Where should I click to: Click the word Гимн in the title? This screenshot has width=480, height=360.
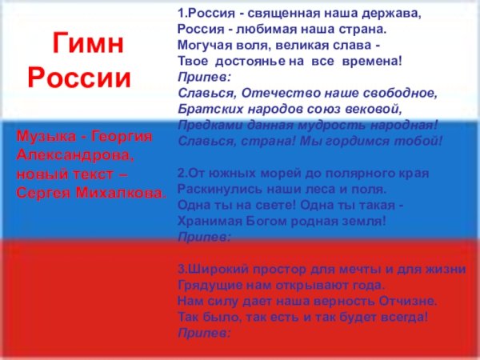88,45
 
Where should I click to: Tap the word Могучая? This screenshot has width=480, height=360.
202,46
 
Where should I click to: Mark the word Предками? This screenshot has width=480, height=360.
206,124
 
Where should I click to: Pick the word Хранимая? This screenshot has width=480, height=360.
207,220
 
